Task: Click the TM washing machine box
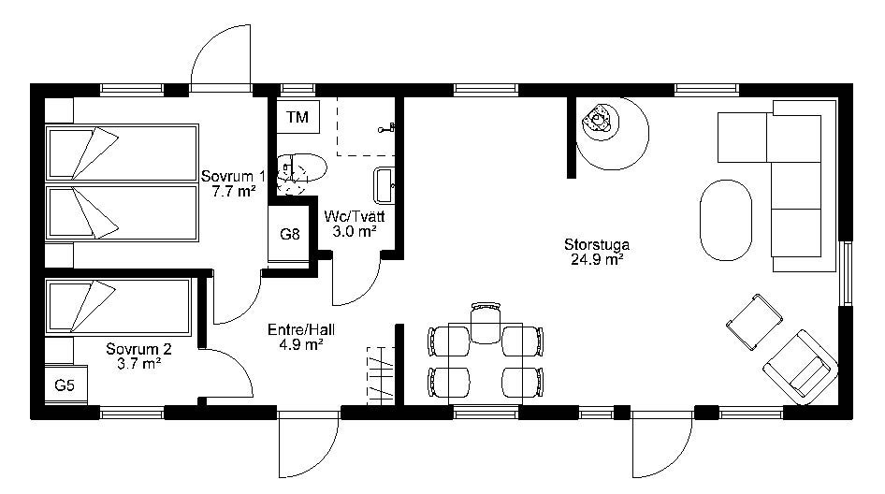(x=298, y=117)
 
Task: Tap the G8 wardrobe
(x=289, y=233)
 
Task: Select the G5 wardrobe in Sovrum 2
(x=66, y=385)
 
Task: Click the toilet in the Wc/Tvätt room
(x=302, y=168)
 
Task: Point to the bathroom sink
(x=384, y=185)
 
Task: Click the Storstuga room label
(x=597, y=245)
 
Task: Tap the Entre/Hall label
(x=301, y=329)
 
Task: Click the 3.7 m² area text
(x=138, y=364)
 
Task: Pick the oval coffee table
(x=726, y=220)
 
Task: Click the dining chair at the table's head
(x=486, y=323)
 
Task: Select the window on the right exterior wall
(x=845, y=273)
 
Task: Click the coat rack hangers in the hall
(x=381, y=375)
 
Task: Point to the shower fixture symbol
(x=386, y=129)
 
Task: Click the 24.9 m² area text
(x=597, y=260)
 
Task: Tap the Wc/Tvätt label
(x=355, y=217)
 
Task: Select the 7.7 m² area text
(x=234, y=191)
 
